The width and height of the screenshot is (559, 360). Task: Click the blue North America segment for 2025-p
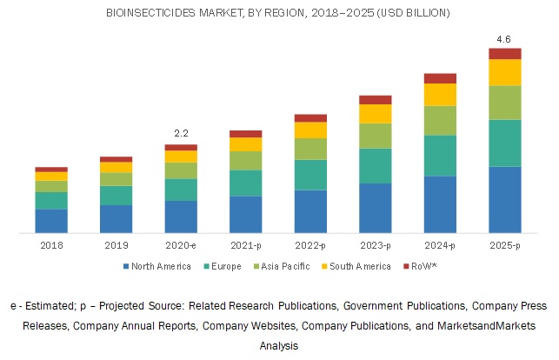[504, 199]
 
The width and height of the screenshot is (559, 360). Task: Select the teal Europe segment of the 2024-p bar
[440, 156]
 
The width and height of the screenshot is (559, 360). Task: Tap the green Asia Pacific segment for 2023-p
[375, 136]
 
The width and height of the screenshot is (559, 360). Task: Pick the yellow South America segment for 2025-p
[504, 72]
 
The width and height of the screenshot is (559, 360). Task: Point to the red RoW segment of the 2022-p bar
[310, 117]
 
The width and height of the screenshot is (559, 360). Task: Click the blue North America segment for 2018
[51, 221]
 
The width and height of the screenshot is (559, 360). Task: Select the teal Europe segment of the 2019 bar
[116, 195]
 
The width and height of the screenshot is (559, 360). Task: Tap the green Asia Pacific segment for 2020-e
[181, 170]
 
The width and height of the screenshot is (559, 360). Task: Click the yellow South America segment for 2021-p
[245, 144]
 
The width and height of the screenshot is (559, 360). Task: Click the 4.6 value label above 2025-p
[504, 38]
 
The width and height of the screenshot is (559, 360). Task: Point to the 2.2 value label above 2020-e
[181, 133]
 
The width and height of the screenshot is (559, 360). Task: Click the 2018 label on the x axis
[51, 246]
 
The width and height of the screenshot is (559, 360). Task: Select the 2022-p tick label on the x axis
[310, 246]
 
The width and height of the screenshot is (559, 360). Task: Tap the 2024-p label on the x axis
[440, 246]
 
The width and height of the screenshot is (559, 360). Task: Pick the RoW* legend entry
[422, 266]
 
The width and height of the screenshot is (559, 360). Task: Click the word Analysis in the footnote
[279, 345]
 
